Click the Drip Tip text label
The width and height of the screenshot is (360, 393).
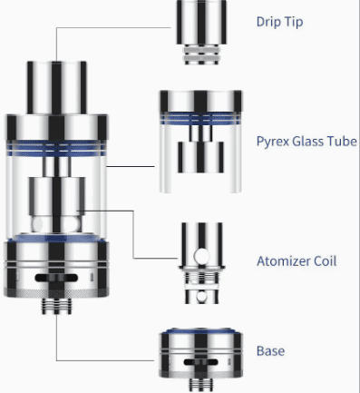pyautogui.click(x=279, y=22)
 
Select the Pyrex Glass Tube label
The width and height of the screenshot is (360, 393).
pyautogui.click(x=306, y=142)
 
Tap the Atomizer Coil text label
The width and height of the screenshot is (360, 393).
pyautogui.click(x=297, y=261)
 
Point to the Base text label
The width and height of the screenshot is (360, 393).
pyautogui.click(x=270, y=351)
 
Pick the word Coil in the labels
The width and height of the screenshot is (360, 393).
pyautogui.click(x=325, y=261)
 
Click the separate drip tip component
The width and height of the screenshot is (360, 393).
pyautogui.click(x=201, y=32)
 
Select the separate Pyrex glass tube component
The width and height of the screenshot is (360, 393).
pyautogui.click(x=200, y=142)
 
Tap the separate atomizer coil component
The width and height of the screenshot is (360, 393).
pyautogui.click(x=201, y=263)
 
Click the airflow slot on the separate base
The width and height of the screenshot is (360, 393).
pyautogui.click(x=200, y=362)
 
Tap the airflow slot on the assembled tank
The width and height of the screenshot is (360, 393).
pyautogui.click(x=56, y=278)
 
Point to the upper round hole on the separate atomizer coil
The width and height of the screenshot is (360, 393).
pyautogui.click(x=201, y=256)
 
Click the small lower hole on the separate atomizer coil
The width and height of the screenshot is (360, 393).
pyautogui.click(x=201, y=297)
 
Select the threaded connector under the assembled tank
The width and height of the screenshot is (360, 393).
pyautogui.click(x=56, y=306)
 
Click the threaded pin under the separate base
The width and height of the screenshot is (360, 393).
pyautogui.click(x=201, y=385)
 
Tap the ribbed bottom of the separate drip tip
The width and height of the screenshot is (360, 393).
pyautogui.click(x=201, y=54)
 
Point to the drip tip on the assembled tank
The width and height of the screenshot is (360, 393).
pyautogui.click(x=57, y=88)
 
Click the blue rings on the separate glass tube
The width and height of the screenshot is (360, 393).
pyautogui.click(x=200, y=119)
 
